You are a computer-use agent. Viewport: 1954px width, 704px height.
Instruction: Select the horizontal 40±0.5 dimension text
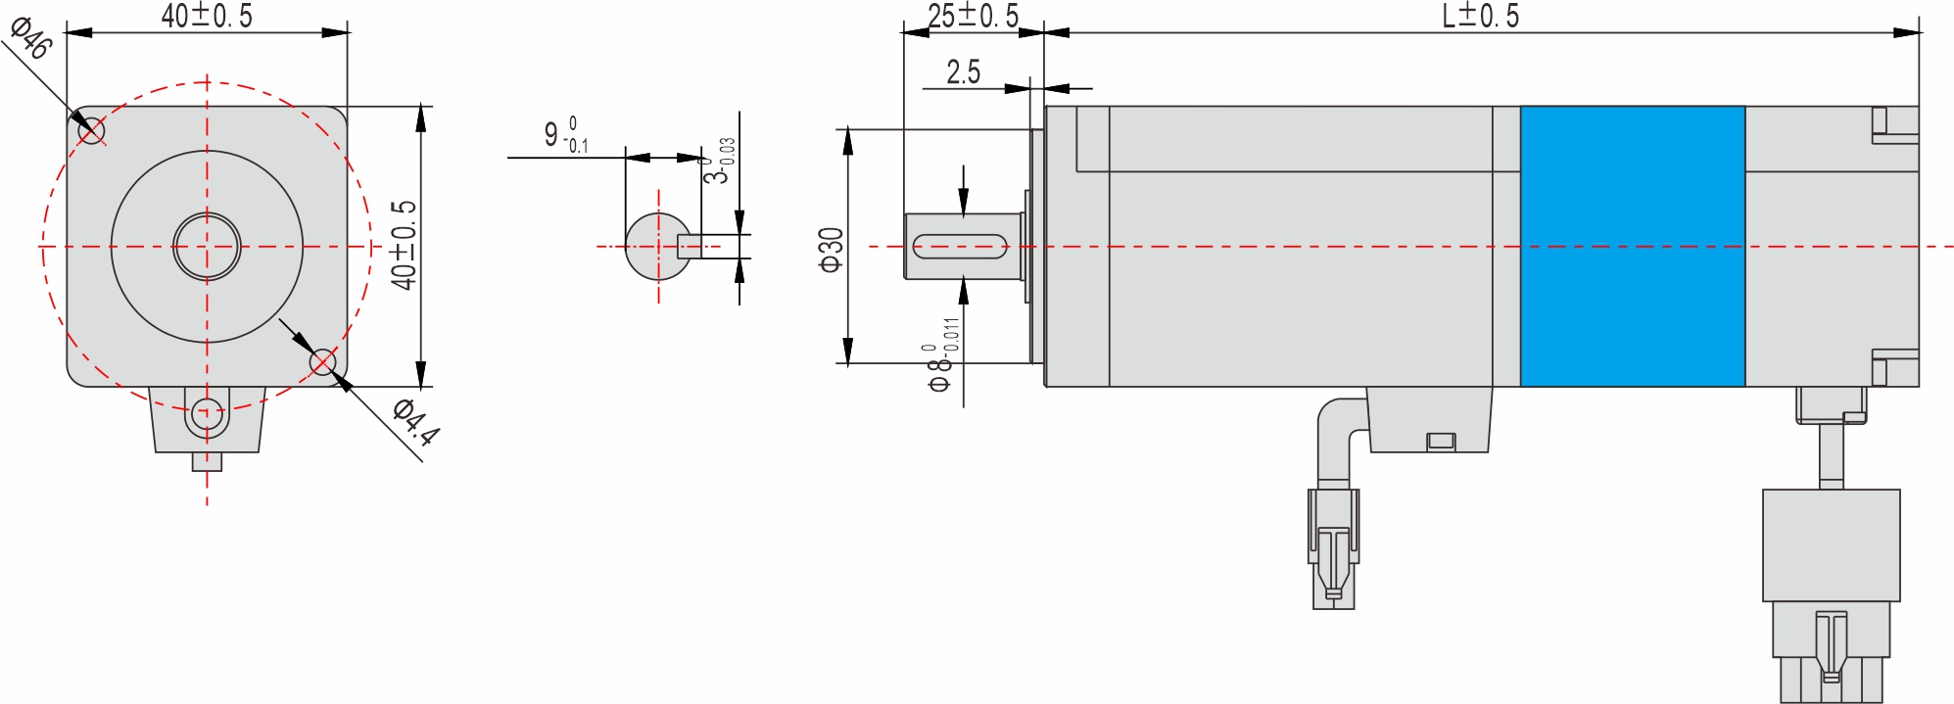207,16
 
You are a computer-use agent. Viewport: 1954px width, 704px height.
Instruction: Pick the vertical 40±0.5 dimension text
404,245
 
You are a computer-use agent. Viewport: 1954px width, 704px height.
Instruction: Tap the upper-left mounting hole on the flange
91,129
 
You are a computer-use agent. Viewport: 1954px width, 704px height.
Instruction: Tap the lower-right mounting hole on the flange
322,363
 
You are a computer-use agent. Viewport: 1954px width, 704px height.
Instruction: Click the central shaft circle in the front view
207,247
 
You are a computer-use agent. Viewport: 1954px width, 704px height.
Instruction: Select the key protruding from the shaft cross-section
691,246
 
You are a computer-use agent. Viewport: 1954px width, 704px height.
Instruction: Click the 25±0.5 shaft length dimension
973,16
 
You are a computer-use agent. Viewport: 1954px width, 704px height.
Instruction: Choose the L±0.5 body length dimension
1480,16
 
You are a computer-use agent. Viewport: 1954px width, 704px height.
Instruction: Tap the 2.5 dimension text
963,72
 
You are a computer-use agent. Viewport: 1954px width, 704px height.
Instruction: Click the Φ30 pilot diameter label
831,250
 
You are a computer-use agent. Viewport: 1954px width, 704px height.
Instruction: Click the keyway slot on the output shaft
960,246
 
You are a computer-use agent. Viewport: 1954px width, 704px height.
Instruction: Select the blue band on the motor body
1632,246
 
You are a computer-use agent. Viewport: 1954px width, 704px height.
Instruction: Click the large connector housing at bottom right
1830,545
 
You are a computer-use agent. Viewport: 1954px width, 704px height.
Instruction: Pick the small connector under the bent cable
1333,548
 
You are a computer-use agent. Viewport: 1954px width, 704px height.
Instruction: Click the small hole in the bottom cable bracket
206,411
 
